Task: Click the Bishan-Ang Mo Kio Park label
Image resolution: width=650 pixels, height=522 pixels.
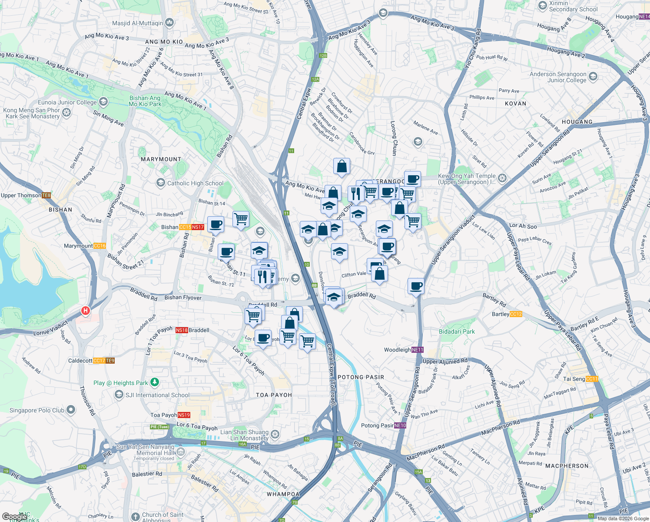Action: click(x=145, y=101)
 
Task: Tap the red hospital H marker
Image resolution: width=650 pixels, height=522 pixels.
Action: click(x=86, y=311)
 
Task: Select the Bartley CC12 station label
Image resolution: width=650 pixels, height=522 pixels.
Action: click(x=507, y=314)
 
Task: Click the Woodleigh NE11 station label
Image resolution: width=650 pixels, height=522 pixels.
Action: click(x=404, y=350)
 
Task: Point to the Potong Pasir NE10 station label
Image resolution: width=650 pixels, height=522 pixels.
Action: click(x=384, y=425)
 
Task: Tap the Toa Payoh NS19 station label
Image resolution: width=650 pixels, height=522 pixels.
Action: click(x=170, y=415)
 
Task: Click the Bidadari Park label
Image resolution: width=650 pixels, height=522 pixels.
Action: click(x=457, y=331)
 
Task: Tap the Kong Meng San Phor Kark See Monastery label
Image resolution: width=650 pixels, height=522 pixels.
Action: click(x=32, y=113)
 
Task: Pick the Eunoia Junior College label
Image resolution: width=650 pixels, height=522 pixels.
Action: click(x=67, y=102)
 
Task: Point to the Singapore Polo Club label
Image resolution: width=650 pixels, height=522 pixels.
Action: click(x=37, y=410)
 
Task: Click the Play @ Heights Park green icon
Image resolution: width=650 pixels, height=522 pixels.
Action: click(x=155, y=382)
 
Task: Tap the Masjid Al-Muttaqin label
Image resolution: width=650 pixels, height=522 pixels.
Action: click(x=138, y=23)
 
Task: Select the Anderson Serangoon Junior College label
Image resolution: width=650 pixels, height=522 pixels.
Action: click(x=558, y=77)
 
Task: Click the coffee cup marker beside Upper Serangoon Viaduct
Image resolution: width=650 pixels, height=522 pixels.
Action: click(x=416, y=286)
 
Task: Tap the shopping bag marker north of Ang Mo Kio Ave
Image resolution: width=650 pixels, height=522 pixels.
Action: click(x=342, y=166)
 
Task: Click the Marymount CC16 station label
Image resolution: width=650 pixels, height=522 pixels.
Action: click(x=85, y=246)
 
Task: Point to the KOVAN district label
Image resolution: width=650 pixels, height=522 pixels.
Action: click(x=515, y=104)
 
